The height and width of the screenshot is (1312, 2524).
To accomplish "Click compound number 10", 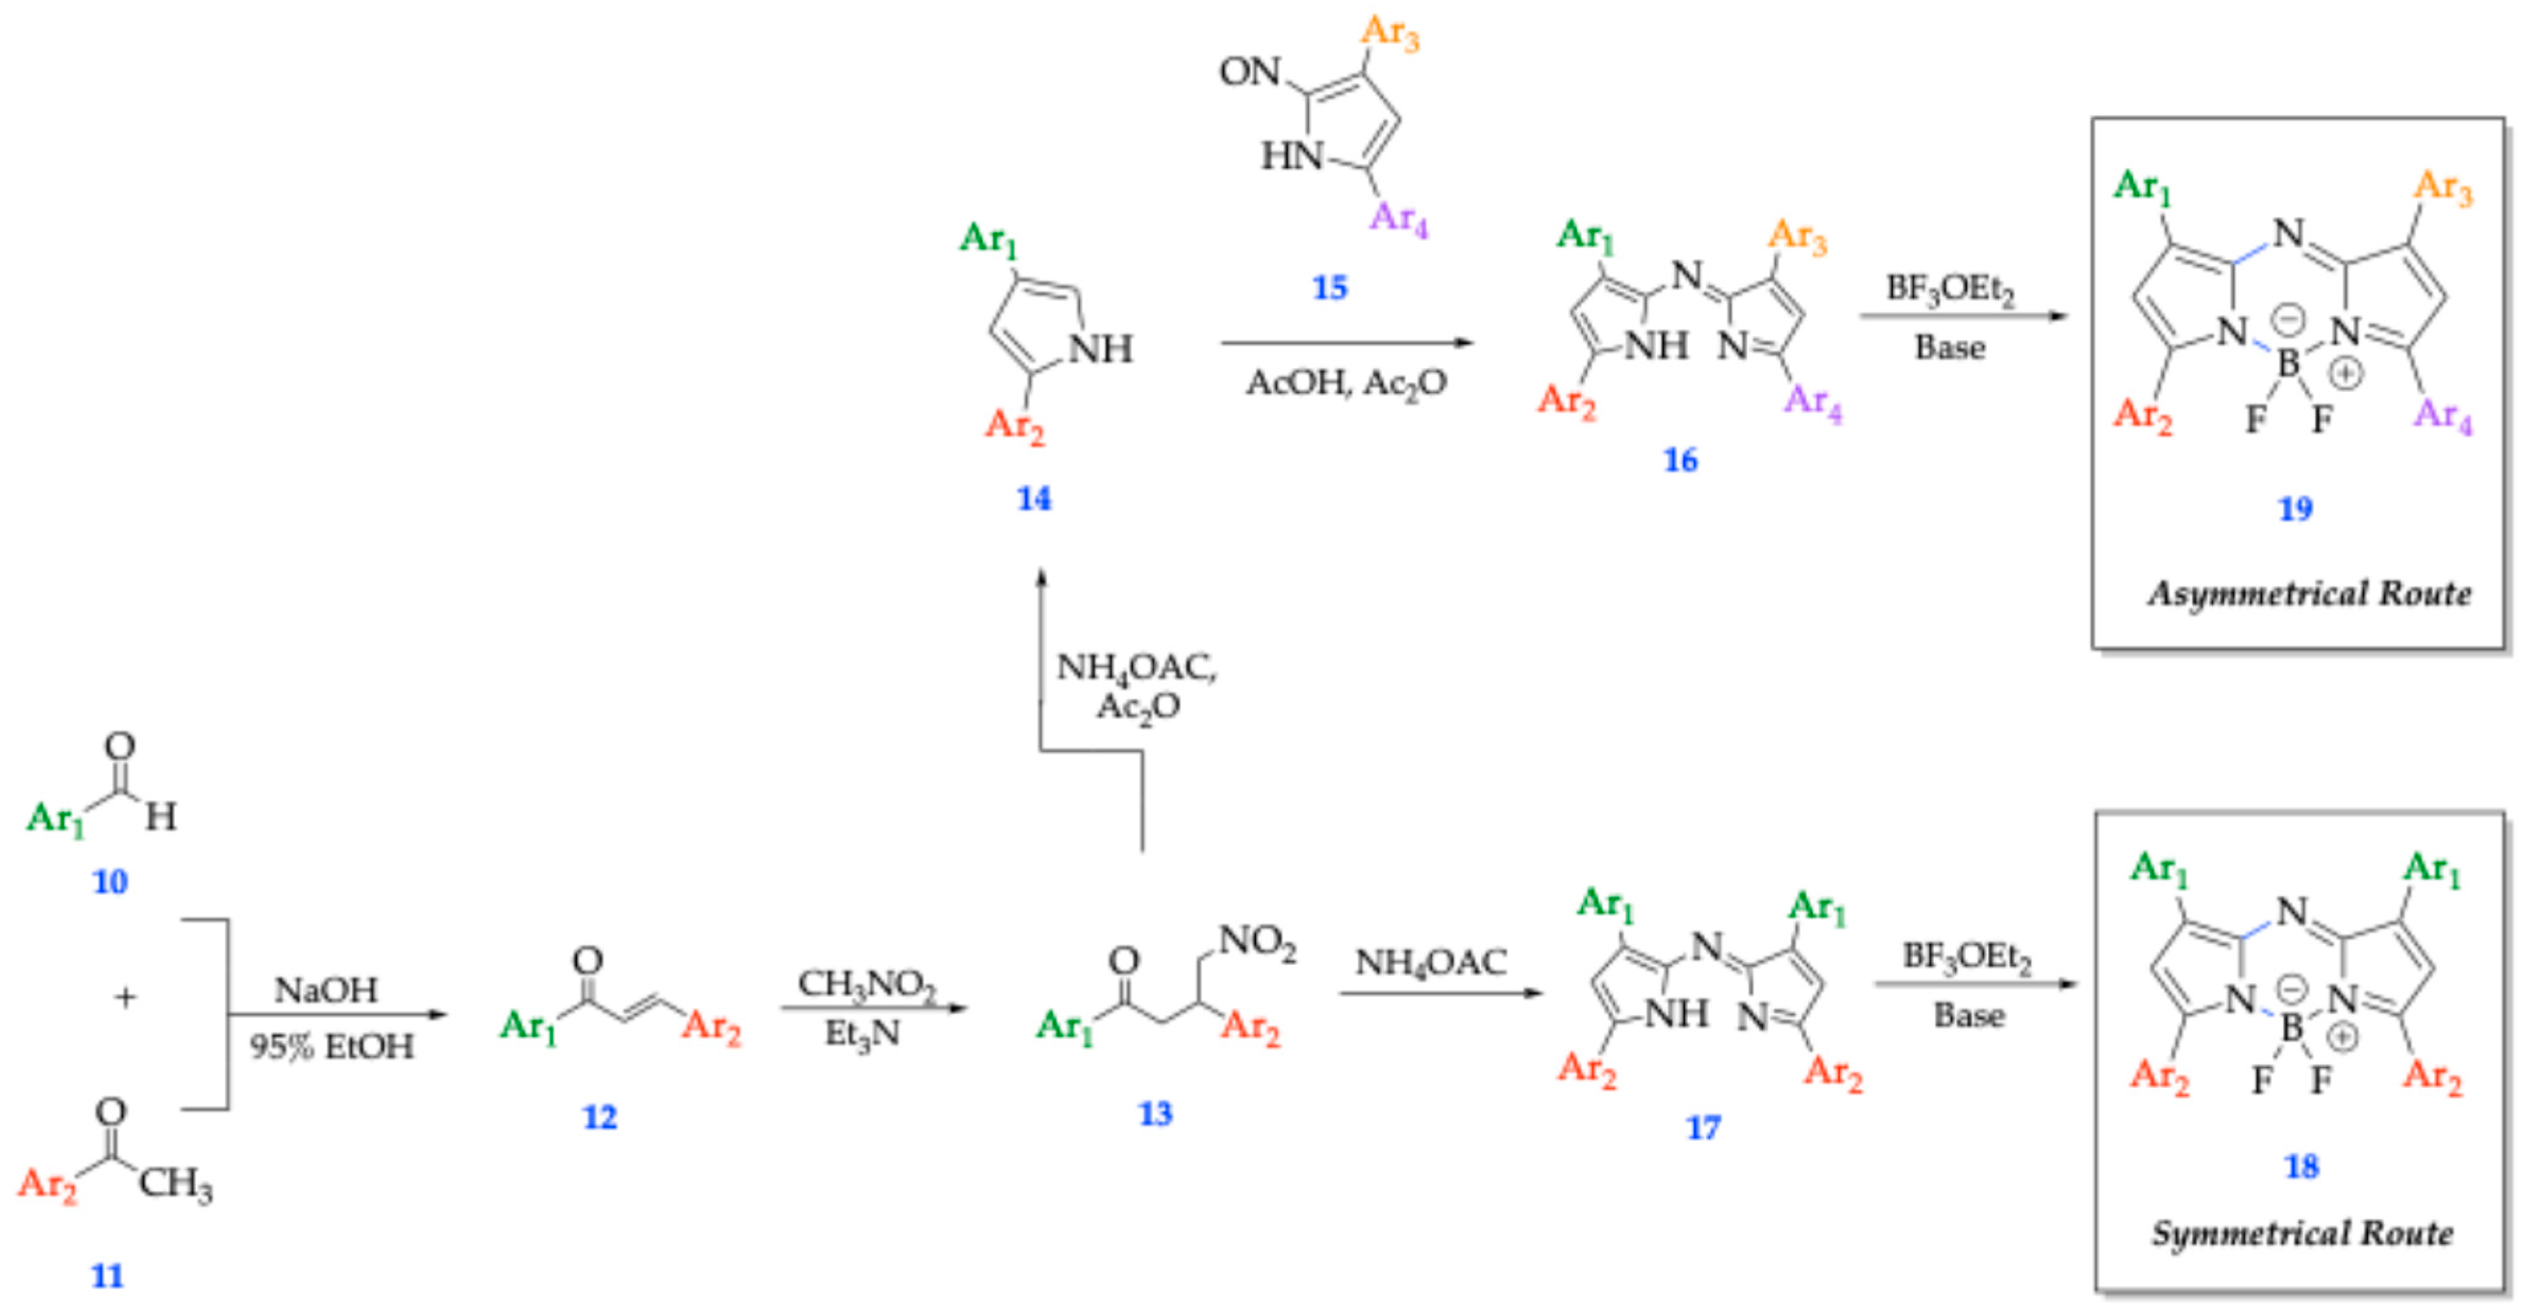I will (109, 882).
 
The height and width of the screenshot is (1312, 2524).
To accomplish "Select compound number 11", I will (108, 1276).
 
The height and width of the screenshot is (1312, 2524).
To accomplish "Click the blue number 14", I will (1034, 499).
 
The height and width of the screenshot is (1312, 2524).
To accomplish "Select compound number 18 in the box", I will (2301, 1166).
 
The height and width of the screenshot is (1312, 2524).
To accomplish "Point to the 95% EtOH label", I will (331, 1046).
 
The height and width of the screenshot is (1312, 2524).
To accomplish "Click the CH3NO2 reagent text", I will (866, 984).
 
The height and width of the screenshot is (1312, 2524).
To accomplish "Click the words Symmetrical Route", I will (2301, 1233).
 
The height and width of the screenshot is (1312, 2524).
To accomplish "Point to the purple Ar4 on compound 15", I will (1398, 218).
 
